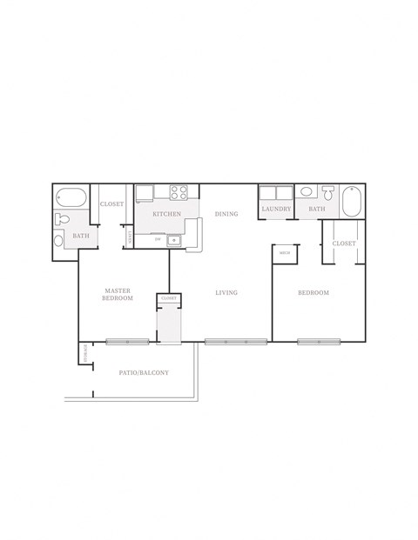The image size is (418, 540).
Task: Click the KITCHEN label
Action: coord(166,213)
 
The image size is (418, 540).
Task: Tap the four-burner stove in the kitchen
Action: coord(180,193)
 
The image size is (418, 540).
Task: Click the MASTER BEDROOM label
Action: coord(118,294)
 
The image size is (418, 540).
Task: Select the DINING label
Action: coord(226,213)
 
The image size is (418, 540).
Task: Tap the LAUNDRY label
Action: coord(275,210)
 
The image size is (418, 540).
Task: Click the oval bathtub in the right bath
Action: coord(351,202)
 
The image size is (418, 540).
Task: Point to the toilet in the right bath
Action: coord(328,193)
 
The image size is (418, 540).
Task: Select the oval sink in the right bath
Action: coord(307,192)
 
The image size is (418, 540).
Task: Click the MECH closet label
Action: coord(284,253)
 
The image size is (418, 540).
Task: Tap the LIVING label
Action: coord(226,293)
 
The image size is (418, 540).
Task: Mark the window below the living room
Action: coord(235,342)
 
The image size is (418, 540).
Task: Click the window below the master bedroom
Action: coord(127,342)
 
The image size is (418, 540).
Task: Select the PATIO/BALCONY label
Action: coord(144,373)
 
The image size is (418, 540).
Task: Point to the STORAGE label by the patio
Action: coord(84,354)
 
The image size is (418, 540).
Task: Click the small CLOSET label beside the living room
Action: coord(168,298)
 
